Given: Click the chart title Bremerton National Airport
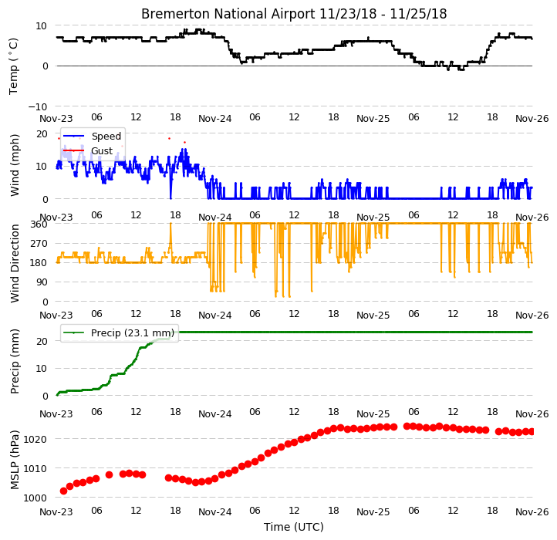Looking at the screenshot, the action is coord(228,14).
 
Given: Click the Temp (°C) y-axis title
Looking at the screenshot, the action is coord(13,66).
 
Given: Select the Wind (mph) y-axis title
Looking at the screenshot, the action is coord(15,166).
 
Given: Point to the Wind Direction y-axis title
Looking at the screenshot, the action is coord(15,263).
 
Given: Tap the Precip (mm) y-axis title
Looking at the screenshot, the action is coord(15,361).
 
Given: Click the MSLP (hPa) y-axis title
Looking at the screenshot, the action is coord(15,460).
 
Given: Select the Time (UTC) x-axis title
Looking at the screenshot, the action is coord(294,527).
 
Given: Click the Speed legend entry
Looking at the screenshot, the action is coord(106,136).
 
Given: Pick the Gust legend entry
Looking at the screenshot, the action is coord(102,151).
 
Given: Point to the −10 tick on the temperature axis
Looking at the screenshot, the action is coord(38,106).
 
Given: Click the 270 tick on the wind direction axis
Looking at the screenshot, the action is coord(39,244).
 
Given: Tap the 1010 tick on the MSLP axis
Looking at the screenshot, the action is coord(35,468).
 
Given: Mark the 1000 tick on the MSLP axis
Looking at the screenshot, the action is coord(35,498).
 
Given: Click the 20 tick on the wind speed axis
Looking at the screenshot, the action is coord(42,134).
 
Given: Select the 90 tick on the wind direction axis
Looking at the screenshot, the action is coord(42,282).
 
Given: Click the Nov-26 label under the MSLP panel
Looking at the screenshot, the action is coord(532,512).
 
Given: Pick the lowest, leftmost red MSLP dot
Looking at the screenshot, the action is coord(63,491).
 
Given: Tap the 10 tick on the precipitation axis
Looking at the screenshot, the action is coord(42,369).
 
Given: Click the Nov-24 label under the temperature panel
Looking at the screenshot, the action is coord(215,119).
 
